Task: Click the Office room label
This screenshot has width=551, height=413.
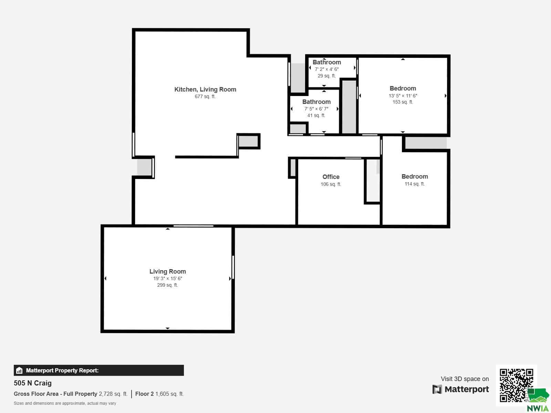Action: pos(331,177)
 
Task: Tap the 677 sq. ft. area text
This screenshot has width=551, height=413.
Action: pos(205,97)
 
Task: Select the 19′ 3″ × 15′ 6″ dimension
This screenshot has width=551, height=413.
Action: pos(168,278)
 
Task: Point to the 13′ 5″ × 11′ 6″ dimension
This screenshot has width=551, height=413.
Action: pos(403,96)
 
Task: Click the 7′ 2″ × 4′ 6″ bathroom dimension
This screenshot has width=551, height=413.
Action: pos(326,69)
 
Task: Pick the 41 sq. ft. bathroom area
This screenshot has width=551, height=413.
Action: pos(316,115)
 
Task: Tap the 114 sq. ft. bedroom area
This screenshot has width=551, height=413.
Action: pos(415,184)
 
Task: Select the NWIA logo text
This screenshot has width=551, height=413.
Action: pos(538,408)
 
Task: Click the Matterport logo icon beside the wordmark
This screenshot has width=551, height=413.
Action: pos(437,389)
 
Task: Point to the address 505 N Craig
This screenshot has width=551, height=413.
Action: pos(33,383)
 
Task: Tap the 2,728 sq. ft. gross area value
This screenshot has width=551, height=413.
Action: pos(113,394)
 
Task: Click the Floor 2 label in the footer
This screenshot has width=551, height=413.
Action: pos(144,394)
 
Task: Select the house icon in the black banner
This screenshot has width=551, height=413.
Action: pos(19,370)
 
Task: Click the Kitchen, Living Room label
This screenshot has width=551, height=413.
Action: pos(205,89)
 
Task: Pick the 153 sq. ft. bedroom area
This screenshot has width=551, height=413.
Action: pos(403,102)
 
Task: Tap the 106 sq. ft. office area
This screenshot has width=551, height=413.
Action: pos(331,184)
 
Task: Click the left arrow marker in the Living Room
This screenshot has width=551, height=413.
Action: pos(105,278)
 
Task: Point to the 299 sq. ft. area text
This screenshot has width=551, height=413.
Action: pos(168,285)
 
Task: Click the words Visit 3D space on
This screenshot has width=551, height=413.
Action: pos(465,379)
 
